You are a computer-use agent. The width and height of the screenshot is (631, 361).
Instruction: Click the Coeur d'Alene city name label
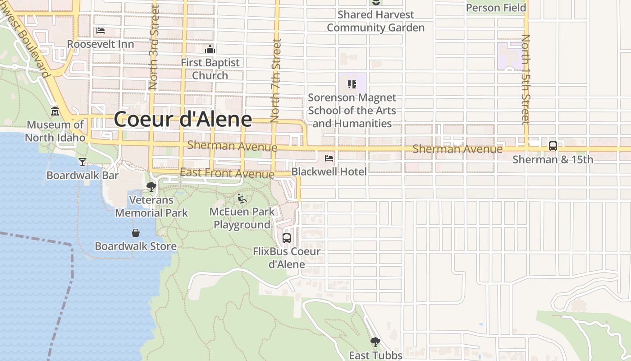click(183, 119)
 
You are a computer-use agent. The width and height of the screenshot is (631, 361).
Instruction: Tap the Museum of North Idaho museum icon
click(55, 111)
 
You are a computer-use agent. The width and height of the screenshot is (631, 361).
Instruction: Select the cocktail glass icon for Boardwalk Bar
click(82, 162)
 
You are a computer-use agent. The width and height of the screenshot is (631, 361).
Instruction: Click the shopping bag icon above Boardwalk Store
click(135, 233)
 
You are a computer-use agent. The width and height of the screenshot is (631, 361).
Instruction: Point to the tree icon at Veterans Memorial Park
click(151, 186)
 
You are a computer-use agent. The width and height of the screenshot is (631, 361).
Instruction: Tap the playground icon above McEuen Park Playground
click(242, 198)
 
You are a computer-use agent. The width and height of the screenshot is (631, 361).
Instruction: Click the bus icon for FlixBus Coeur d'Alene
click(286, 238)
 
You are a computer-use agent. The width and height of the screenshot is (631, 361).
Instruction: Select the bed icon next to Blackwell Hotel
click(329, 158)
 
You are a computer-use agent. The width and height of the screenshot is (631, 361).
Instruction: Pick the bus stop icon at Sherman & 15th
click(553, 146)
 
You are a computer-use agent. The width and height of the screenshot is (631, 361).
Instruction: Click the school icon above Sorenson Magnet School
click(352, 84)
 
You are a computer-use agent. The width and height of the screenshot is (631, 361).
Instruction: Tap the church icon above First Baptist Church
click(210, 49)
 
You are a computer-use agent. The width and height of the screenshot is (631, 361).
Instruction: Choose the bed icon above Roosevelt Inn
click(101, 31)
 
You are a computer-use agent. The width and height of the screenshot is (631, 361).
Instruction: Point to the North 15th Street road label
click(526, 79)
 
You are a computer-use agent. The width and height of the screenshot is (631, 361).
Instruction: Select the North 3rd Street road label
click(154, 47)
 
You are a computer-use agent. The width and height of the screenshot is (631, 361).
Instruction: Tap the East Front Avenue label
click(227, 173)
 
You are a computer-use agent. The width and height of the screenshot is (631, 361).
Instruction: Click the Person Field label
click(496, 8)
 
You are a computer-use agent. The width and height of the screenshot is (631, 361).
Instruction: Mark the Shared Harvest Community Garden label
click(375, 21)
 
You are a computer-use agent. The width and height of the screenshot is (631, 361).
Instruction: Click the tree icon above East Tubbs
click(375, 342)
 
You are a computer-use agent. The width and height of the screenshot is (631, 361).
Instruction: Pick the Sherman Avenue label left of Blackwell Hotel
click(232, 146)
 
